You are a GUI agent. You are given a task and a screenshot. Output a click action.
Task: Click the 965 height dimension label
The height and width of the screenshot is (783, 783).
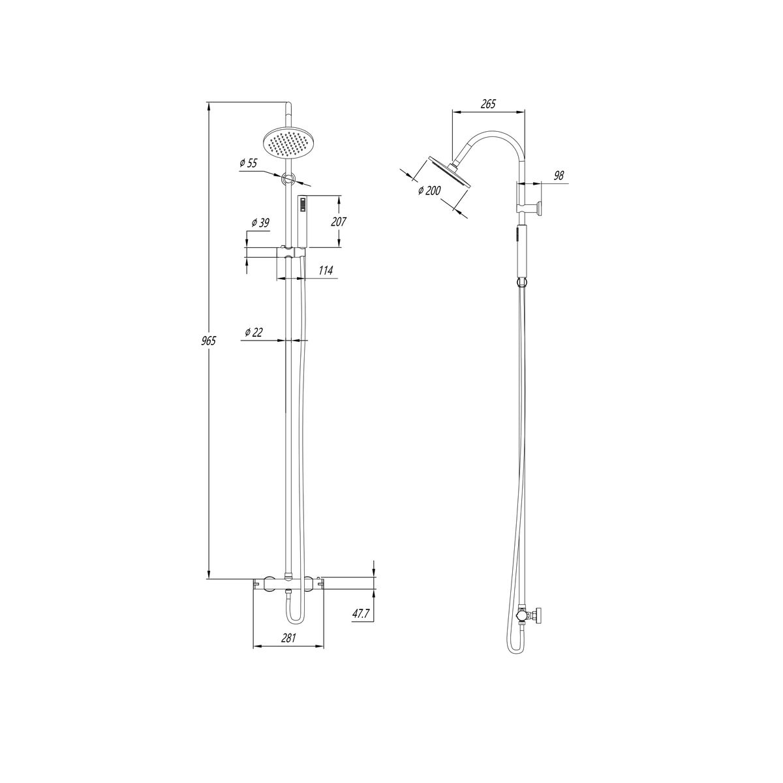click(209, 341)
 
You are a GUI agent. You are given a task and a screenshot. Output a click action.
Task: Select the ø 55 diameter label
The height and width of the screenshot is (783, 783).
click(249, 163)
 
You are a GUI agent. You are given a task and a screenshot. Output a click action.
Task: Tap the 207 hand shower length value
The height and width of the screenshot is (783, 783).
click(338, 222)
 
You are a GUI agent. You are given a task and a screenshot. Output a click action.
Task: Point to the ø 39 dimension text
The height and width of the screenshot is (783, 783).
click(260, 223)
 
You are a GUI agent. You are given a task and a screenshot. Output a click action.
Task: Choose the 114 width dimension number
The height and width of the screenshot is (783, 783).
click(326, 271)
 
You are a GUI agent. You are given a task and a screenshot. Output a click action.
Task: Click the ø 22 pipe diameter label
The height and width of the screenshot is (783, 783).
click(254, 332)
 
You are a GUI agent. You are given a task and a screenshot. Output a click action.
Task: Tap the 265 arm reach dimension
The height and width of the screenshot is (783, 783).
click(488, 104)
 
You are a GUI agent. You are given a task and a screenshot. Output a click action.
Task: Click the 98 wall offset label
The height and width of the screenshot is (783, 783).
click(559, 176)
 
